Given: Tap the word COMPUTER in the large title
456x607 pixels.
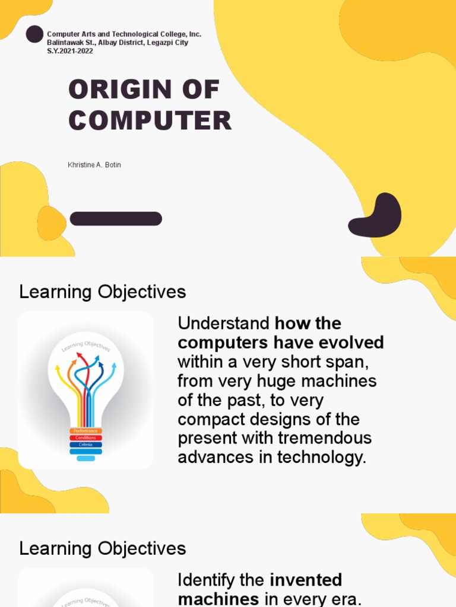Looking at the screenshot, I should [150, 120].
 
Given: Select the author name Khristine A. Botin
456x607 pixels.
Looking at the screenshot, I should [94, 165].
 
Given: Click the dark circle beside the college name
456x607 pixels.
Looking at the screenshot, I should [34, 34].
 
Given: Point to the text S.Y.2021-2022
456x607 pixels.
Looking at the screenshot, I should [70, 51].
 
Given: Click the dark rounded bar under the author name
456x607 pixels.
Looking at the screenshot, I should [116, 219].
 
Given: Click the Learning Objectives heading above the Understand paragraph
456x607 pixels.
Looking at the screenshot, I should [103, 292].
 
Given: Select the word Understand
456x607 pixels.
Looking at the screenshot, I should [223, 324].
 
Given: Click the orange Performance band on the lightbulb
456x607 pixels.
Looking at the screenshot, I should [86, 431].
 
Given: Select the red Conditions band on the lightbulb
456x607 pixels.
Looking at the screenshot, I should [86, 437].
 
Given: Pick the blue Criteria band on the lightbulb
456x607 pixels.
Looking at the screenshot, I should [86, 444].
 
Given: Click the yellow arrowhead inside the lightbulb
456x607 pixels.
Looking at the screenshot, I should [58, 368].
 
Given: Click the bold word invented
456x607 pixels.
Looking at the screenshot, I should [306, 580].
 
